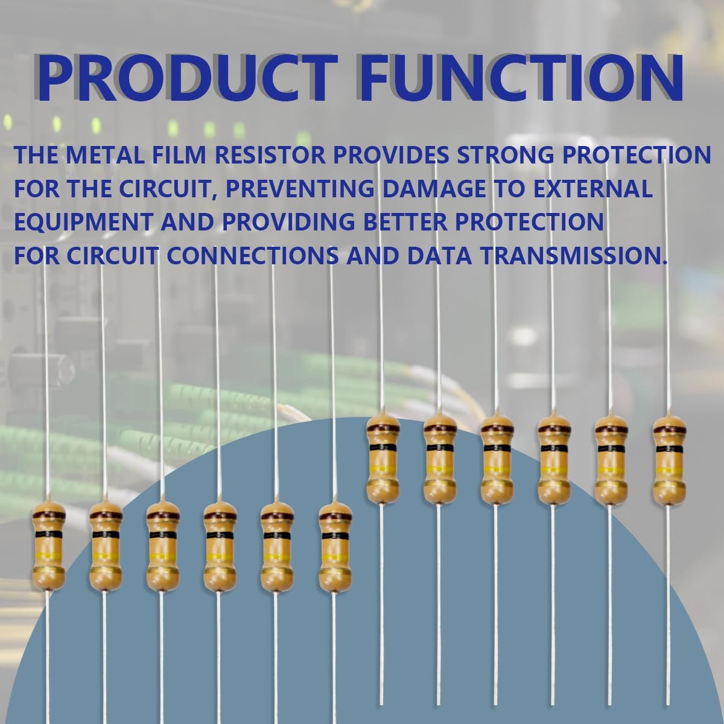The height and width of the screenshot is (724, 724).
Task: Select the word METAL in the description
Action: click(x=105, y=155)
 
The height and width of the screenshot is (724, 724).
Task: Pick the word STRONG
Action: click(x=506, y=155)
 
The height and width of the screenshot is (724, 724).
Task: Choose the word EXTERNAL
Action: click(x=593, y=188)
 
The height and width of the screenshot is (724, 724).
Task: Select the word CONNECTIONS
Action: click(x=252, y=255)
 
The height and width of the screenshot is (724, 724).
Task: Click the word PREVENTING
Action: click(x=300, y=188)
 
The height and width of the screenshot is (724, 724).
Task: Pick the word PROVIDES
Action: click(x=391, y=155)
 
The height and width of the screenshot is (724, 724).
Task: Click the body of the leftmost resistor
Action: click(x=49, y=547)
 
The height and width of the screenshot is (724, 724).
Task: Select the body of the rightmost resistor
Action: click(x=670, y=460)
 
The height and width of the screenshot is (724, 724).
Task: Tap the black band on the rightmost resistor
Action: click(x=670, y=449)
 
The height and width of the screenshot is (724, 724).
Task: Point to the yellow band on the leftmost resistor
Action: click(x=49, y=557)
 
